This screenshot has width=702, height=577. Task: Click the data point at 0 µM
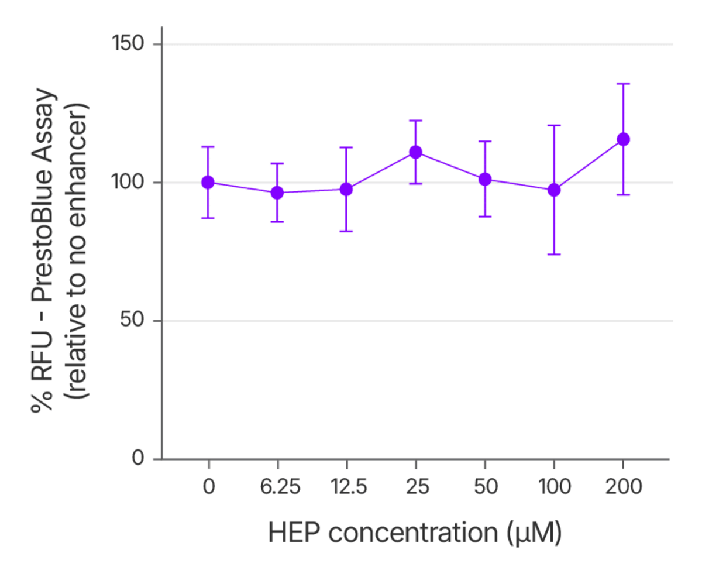[x=208, y=182]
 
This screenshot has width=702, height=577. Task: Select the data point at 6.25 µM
[x=277, y=193]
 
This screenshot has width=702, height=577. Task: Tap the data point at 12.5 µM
[x=346, y=189]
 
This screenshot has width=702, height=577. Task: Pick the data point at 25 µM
[x=415, y=152]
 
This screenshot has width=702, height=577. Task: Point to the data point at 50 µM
[x=484, y=179]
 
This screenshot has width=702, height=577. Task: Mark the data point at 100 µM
[x=554, y=190]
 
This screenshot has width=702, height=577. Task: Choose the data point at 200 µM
[x=623, y=139]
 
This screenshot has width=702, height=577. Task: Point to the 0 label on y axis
[x=138, y=458]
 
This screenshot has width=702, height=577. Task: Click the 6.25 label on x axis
[x=277, y=487]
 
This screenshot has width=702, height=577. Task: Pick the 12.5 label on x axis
[x=346, y=487]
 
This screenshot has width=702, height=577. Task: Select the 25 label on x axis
[x=415, y=487]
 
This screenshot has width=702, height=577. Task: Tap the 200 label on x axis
[x=623, y=487]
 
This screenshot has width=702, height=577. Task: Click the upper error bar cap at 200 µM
[x=623, y=84]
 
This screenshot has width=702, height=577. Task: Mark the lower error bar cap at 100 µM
[x=554, y=255]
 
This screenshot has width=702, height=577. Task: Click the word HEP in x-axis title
[x=295, y=533]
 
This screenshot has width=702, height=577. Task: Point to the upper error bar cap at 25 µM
[x=415, y=121]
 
